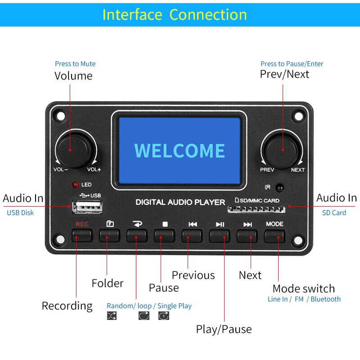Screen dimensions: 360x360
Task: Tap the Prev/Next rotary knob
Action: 283,150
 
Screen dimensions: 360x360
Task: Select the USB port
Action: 87,207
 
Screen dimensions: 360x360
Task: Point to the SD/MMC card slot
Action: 256,209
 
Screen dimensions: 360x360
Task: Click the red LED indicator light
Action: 75,184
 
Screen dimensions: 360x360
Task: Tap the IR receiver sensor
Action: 279,188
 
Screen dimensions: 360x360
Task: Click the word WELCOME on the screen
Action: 180,151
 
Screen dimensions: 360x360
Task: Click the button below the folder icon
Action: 110,235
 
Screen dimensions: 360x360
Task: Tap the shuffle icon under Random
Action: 112,316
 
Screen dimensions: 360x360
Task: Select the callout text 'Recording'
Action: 67,306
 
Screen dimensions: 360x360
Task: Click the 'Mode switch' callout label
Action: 304,288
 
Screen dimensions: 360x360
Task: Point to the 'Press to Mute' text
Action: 75,63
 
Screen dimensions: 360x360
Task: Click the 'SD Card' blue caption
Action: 334,212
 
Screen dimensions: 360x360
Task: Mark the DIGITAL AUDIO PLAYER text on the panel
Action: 180,202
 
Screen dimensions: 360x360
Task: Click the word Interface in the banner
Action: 132,15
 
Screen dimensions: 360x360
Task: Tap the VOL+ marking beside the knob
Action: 94,170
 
